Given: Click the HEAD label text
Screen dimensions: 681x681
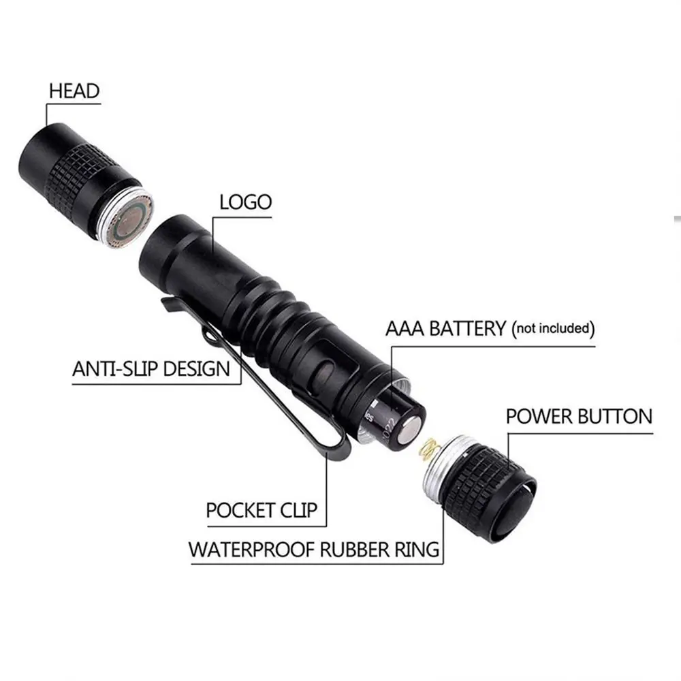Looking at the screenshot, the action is pyautogui.click(x=74, y=91).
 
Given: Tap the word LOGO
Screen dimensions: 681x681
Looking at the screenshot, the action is pyautogui.click(x=246, y=202).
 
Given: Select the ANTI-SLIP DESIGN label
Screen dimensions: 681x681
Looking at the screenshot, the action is pyautogui.click(x=151, y=369).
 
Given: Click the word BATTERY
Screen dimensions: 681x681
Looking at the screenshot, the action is pyautogui.click(x=467, y=328).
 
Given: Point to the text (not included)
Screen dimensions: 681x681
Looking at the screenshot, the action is pyautogui.click(x=553, y=329).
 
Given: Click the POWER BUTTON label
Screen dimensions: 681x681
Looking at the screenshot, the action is pyautogui.click(x=579, y=417).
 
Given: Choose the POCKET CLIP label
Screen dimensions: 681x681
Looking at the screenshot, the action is pyautogui.click(x=262, y=510).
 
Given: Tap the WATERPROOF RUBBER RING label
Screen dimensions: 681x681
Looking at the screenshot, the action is pyautogui.click(x=314, y=550).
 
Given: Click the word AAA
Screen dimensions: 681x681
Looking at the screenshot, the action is pyautogui.click(x=405, y=328).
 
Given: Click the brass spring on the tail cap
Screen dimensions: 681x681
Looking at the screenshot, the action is pyautogui.click(x=430, y=448).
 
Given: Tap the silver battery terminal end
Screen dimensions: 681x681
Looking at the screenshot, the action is pyautogui.click(x=411, y=431).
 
